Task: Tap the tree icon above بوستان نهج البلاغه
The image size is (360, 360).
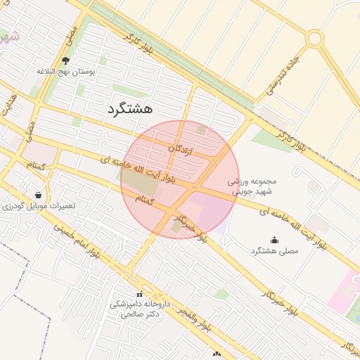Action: pyautogui.click(x=66, y=61)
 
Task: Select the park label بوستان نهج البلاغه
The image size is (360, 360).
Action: pyautogui.click(x=66, y=72)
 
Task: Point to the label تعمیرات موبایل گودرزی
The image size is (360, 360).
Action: pyautogui.click(x=38, y=206)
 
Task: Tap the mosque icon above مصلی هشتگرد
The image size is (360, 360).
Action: pyautogui.click(x=274, y=240)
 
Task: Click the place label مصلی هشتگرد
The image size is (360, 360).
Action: pyautogui.click(x=274, y=250)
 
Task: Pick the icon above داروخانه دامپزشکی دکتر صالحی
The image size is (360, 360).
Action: pyautogui.click(x=139, y=294)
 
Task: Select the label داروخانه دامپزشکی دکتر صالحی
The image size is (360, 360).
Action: pyautogui.click(x=137, y=309)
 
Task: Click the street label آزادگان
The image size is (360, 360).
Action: pyautogui.click(x=181, y=150)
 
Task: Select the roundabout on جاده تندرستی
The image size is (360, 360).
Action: pyautogui.click(x=314, y=39)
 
